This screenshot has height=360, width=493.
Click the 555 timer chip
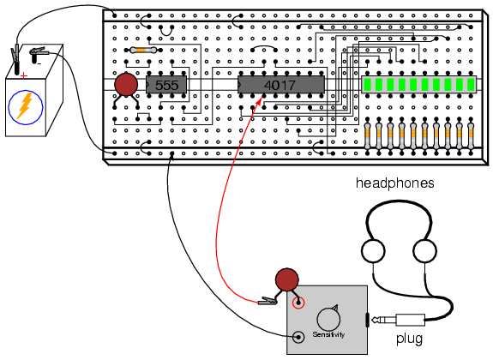coord(166,85)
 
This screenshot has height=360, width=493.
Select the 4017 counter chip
coord(281,85)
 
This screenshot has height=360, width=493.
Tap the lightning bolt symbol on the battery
coord(25,105)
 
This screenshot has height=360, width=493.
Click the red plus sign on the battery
coord(24,75)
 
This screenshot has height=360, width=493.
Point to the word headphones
coord(395,183)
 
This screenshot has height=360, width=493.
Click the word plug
coord(409,339)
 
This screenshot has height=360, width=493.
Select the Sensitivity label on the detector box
coord(328,334)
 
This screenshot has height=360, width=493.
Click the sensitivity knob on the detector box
coord(328,319)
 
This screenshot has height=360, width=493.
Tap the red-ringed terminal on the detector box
coord(298,303)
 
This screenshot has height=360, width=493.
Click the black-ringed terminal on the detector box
coord(298,338)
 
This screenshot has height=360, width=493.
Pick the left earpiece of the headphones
coord(373,251)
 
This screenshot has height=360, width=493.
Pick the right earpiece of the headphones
coord(424,251)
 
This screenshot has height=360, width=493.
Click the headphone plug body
coord(411,320)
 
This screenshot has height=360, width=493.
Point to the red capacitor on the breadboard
coord(126,84)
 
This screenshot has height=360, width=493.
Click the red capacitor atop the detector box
coord(286,279)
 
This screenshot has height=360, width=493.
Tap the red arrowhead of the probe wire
coord(260,101)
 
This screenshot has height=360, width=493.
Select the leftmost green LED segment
coord(367,84)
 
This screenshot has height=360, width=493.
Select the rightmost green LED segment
coord(471,84)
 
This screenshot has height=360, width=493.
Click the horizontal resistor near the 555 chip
coord(143,50)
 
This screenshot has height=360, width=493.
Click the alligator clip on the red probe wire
coord(268,302)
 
